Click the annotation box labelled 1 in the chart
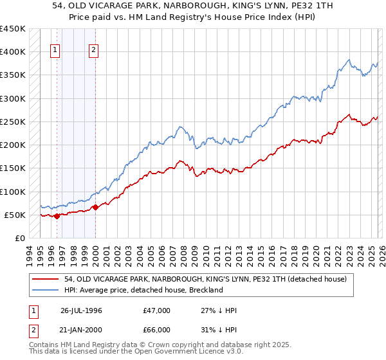[x=55, y=51]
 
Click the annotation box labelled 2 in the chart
[x=94, y=51]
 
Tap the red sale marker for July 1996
[x=57, y=216]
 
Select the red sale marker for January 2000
[x=95, y=207]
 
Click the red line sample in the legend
[x=46, y=279]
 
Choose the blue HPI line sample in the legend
[x=46, y=290]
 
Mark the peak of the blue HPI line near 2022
[x=347, y=60]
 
